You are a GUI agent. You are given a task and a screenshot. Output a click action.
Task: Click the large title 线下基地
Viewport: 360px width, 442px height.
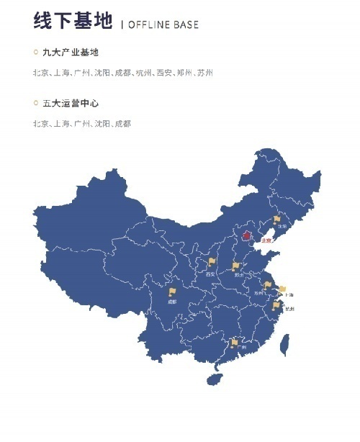coord(72,22)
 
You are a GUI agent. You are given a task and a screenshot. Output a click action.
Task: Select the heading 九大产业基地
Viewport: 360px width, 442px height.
coord(70,53)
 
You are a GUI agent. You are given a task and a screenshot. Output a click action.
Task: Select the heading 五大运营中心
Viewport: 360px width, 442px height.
coord(70,104)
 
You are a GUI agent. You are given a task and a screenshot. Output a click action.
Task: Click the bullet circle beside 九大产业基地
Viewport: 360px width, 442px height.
coord(36,53)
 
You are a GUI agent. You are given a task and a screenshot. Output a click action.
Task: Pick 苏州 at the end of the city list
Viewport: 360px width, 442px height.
coord(205,73)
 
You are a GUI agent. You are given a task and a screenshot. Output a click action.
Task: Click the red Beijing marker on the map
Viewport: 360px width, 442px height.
coord(246,235)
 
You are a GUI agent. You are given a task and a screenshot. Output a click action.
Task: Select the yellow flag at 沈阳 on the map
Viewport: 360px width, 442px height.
coord(276,219)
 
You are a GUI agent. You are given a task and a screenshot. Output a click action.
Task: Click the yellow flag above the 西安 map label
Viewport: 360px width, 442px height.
coord(212,263)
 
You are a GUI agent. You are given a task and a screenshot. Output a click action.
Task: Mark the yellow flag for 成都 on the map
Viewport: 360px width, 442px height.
coord(172,292)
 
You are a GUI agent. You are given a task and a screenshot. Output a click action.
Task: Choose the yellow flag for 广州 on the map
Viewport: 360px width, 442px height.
coord(235,342)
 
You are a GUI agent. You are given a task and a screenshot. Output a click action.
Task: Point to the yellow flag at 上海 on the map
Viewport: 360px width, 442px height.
coord(282,289)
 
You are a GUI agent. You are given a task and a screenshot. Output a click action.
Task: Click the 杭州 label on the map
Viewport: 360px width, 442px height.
coord(289,308)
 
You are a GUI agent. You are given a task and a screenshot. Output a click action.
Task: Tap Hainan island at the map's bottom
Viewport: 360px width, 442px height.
coord(213,378)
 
